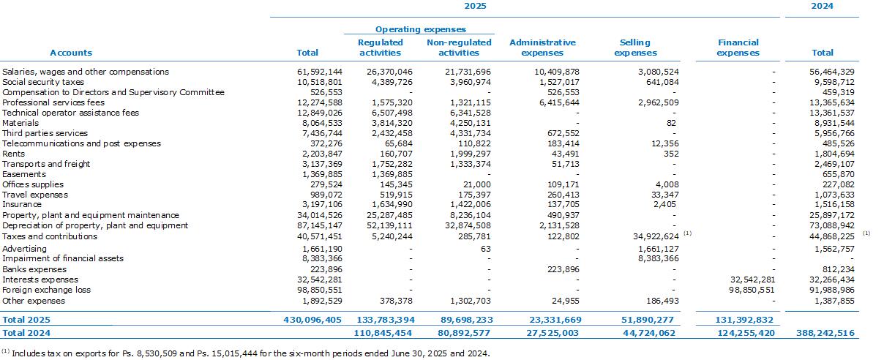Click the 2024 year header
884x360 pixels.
click(x=822, y=6)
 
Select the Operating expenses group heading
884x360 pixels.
click(x=420, y=29)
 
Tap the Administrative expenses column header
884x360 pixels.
click(x=542, y=48)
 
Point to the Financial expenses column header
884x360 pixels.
click(x=738, y=48)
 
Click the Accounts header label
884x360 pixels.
click(x=71, y=53)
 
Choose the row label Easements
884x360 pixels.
click(x=24, y=174)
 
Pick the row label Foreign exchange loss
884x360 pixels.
click(x=47, y=290)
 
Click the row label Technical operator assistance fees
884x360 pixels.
click(x=71, y=113)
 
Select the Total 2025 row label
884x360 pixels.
click(x=26, y=320)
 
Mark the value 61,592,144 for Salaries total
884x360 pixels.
click(x=320, y=72)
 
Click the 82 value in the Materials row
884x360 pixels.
click(x=671, y=123)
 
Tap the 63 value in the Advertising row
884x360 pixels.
click(x=486, y=249)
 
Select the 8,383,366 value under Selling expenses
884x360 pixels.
click(x=659, y=258)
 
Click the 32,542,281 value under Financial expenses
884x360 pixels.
click(x=752, y=280)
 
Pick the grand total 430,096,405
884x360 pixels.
click(x=312, y=320)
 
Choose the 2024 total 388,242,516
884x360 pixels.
click(x=825, y=333)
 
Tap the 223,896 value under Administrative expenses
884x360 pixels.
click(x=563, y=269)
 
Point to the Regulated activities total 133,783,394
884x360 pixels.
click(x=386, y=320)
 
